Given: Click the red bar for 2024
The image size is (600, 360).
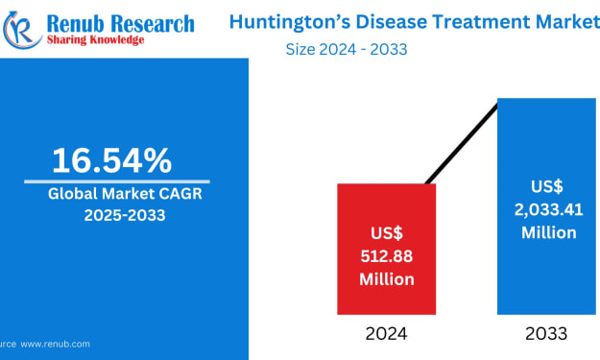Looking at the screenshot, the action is [387, 249].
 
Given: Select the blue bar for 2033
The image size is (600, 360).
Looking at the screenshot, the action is [546, 206].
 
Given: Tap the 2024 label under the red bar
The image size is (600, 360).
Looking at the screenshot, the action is [386, 334].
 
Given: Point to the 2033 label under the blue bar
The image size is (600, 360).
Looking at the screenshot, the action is [546, 334].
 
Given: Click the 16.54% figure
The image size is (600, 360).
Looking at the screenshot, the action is [111, 160].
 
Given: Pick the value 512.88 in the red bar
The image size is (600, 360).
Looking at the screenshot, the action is [387, 256].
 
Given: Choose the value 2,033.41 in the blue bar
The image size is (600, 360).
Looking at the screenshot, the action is [548, 210].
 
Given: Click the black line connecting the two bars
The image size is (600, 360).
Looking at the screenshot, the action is [462, 144].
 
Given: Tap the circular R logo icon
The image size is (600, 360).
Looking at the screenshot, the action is [22, 30].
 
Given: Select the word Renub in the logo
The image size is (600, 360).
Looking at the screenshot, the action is [76, 24].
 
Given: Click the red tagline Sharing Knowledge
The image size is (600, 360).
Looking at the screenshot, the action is [95, 39].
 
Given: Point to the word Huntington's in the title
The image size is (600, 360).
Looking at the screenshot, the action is [290, 22].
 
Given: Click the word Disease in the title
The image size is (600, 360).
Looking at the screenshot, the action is [391, 21].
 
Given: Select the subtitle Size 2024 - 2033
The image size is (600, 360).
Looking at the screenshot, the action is [347, 49].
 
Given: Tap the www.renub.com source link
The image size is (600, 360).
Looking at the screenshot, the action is [55, 344].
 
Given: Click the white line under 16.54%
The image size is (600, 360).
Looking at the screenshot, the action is [117, 181].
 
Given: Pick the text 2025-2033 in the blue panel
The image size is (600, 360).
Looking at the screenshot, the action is [125, 215].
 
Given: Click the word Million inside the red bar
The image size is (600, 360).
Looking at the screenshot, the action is [387, 279].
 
